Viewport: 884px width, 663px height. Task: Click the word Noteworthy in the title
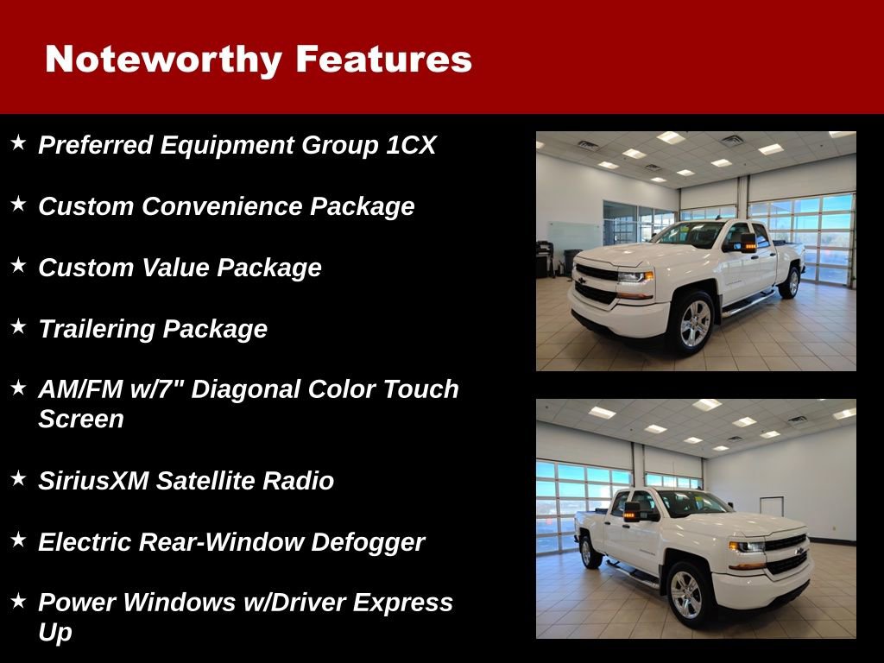click(163, 60)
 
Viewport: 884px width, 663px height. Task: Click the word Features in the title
click(383, 60)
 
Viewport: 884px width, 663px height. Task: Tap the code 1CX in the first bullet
click(411, 145)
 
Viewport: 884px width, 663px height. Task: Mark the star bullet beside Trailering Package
click(19, 326)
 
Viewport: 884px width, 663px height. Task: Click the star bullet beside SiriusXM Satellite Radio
click(19, 478)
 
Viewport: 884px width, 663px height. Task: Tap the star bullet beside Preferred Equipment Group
click(19, 142)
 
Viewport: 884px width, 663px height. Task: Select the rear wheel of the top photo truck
click(789, 281)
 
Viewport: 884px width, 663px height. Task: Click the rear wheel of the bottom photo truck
click(591, 551)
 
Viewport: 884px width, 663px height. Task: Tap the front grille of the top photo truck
click(597, 282)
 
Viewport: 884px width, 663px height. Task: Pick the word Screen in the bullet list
click(81, 420)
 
